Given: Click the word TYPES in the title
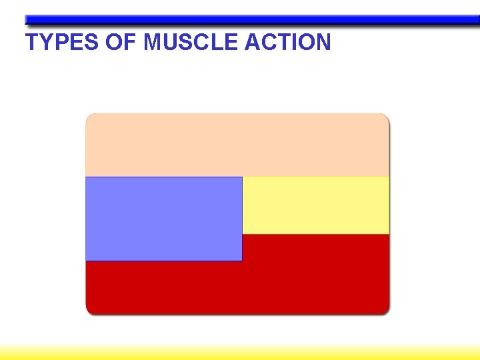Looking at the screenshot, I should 62,43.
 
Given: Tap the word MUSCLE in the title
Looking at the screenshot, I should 191,43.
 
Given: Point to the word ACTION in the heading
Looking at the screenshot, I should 288,43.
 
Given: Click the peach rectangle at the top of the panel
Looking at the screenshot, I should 237,145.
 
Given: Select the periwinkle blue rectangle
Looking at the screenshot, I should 163,219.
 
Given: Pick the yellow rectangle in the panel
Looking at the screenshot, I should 315,205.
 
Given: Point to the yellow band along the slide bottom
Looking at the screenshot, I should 240,352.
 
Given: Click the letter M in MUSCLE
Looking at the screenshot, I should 153,43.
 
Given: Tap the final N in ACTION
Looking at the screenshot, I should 322,43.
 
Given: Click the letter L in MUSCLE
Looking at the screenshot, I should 220,43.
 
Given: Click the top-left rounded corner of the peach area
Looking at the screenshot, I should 89,117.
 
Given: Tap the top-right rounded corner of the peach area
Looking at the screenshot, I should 385,117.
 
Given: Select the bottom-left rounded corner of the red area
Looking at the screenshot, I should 89,310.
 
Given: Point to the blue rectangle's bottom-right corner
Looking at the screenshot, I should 241,259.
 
